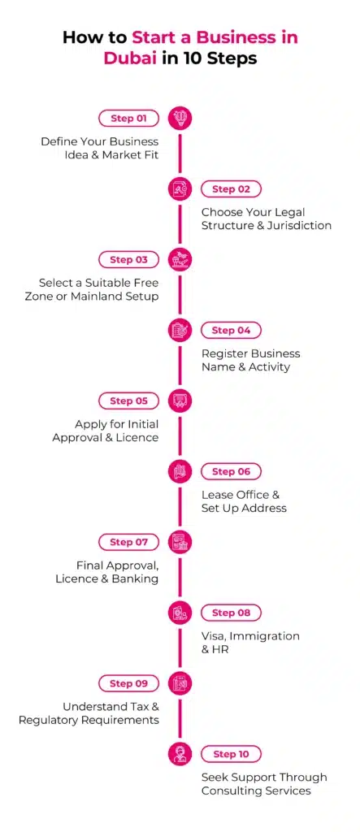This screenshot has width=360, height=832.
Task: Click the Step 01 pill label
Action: coord(129,119)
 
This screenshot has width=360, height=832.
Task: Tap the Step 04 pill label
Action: coord(231,330)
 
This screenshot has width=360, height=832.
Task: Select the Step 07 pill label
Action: coord(129,542)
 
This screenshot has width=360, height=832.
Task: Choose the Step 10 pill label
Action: coord(231,753)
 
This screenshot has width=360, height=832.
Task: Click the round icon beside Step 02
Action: coord(180,188)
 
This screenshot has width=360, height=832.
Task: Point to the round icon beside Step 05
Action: coord(180,401)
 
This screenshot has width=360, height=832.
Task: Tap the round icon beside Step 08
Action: coord(180,613)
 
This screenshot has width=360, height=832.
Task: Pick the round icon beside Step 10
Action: coord(180,753)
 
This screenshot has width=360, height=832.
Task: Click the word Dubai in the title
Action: coord(130,58)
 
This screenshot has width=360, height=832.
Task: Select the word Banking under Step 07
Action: coord(136,578)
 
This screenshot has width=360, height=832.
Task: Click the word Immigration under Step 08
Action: coord(264,635)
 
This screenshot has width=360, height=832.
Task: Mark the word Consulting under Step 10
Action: coord(228,791)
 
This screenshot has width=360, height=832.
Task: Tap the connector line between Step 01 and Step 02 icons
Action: coord(180,154)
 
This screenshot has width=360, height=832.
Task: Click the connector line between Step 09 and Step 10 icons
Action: coord(180,718)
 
